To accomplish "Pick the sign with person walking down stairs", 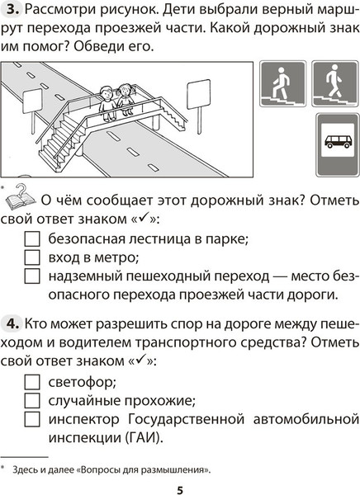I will click(334, 86).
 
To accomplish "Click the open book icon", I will click(19, 198).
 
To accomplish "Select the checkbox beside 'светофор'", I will click(31, 382).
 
